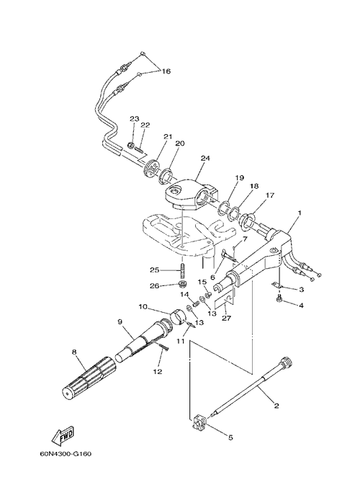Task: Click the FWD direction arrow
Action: click(63, 434)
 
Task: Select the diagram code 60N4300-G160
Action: click(66, 454)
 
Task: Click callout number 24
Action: click(205, 158)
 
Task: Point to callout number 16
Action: click(166, 71)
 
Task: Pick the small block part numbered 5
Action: click(199, 420)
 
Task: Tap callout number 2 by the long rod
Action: click(276, 406)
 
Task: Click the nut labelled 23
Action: click(130, 146)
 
